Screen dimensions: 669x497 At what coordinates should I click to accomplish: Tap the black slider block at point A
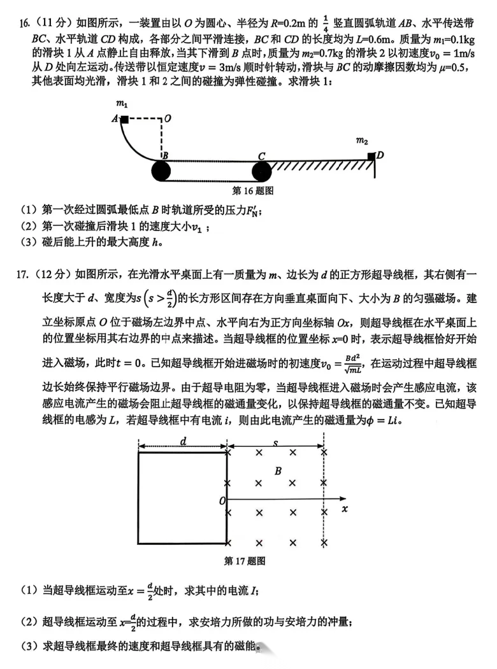point(125,119)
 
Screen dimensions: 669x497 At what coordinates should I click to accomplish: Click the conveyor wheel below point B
point(162,171)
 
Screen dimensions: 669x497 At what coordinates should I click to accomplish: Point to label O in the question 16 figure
point(168,118)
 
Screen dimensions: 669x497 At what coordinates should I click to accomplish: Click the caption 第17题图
point(245,561)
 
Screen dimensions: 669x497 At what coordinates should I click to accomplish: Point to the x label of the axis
point(344,509)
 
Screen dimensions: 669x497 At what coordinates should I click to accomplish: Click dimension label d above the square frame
point(182,440)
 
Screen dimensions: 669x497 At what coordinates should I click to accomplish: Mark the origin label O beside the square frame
point(222,502)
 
